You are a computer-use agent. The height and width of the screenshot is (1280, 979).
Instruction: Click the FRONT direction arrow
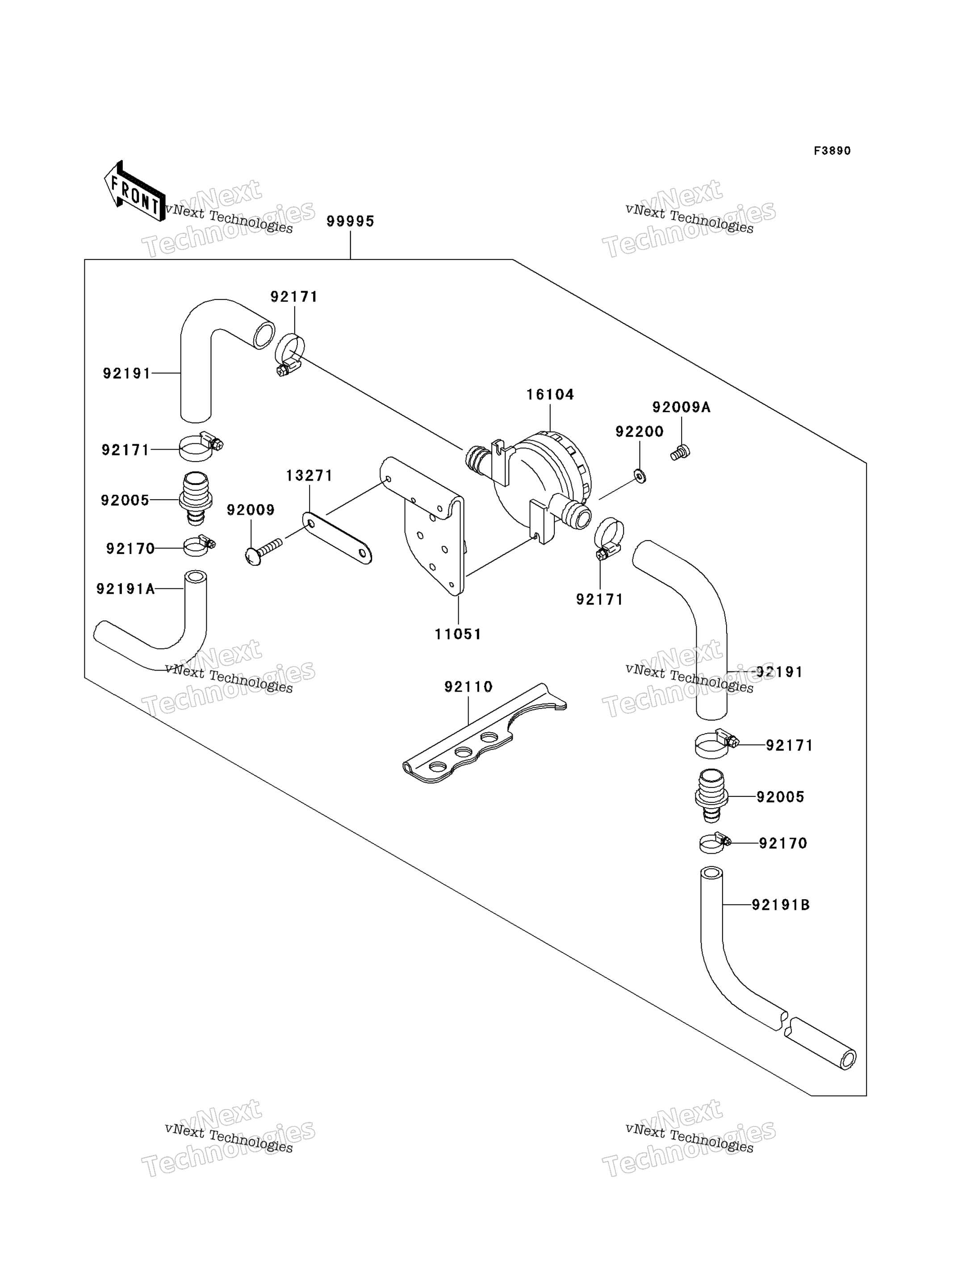click(134, 192)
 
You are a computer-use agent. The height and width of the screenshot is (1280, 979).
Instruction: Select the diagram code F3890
click(832, 151)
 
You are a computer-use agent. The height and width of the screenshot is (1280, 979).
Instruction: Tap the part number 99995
click(350, 221)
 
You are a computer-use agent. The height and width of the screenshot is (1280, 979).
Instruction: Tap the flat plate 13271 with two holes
click(337, 537)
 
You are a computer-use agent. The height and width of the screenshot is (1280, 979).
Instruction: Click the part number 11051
click(458, 634)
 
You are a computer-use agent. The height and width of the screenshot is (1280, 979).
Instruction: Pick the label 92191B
click(780, 905)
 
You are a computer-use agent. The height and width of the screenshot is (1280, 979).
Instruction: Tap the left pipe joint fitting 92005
click(196, 499)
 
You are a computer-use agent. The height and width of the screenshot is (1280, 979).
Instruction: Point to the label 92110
click(469, 687)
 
